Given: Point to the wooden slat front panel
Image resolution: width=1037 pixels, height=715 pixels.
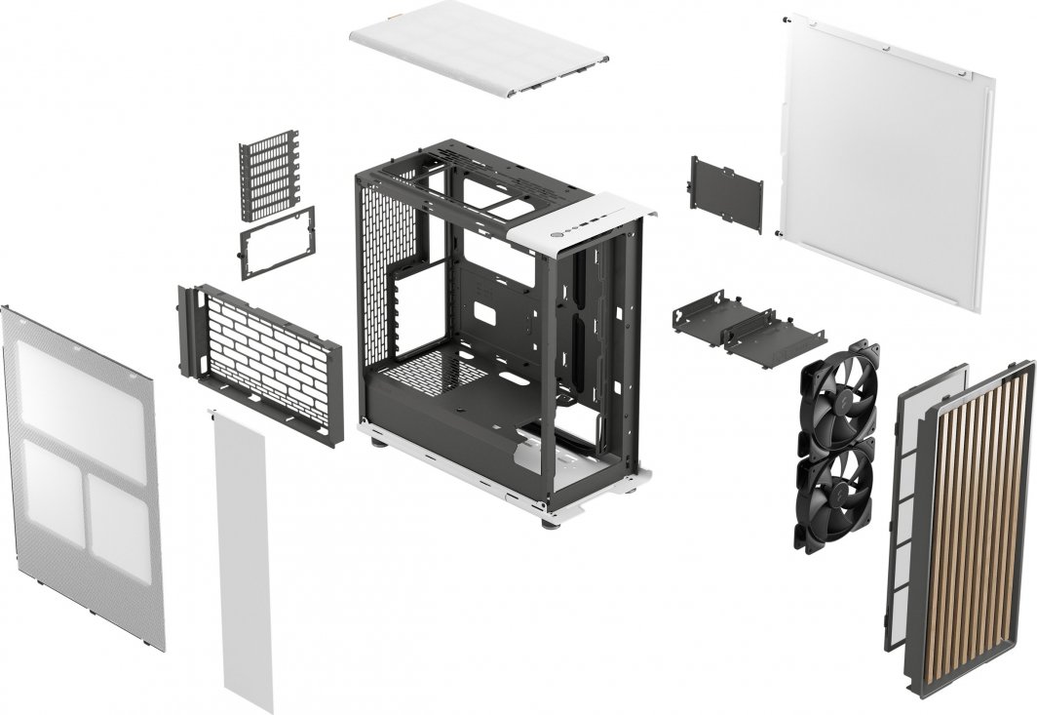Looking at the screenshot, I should pyautogui.click(x=975, y=527).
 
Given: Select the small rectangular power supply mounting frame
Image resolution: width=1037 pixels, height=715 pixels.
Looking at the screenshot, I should pyautogui.click(x=278, y=242).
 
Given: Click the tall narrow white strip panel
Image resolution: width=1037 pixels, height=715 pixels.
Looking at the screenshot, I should pyautogui.click(x=242, y=556).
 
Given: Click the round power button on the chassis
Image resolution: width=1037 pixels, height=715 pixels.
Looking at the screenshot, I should pyautogui.click(x=557, y=235).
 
